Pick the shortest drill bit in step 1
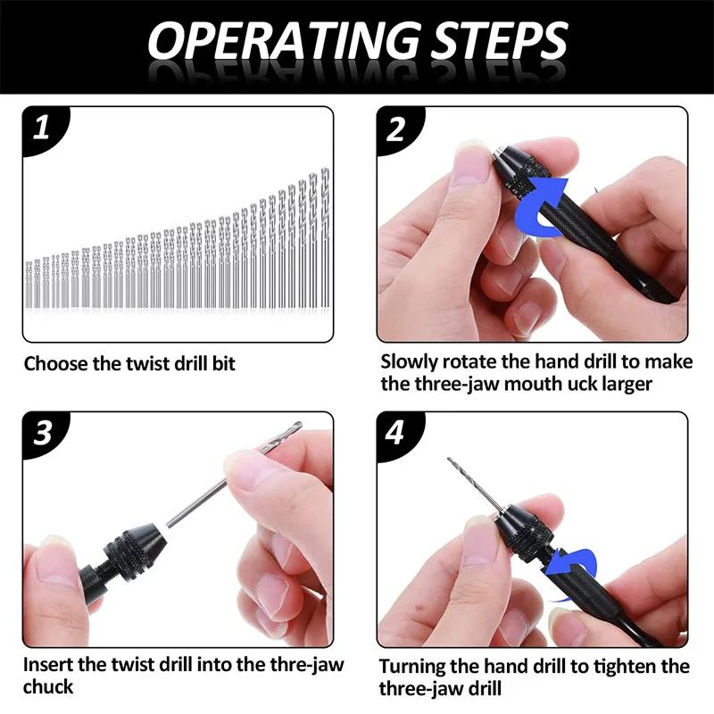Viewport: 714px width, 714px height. coord(29,284)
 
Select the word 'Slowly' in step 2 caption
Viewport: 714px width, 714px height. coord(410,362)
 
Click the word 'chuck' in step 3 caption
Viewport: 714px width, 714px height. coord(48,687)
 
